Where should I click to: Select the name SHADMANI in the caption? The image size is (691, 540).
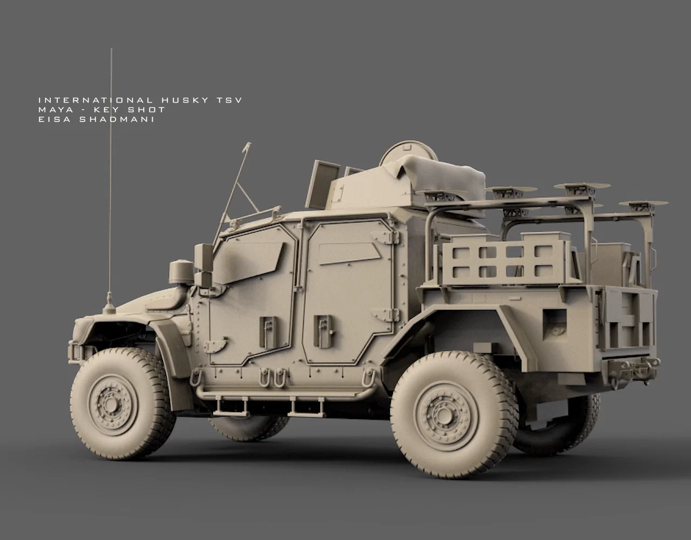coord(117,119)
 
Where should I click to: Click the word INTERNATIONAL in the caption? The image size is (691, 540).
coord(96,100)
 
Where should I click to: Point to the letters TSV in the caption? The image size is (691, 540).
coord(229,100)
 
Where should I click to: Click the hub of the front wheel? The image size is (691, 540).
coord(110,403)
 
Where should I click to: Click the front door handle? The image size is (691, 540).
coord(268,332)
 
